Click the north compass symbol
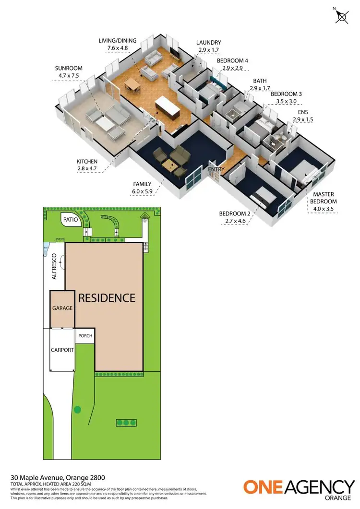pos(342,16)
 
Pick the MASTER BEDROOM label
pos(325,198)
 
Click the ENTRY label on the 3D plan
pos(216,169)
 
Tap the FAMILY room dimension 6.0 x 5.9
pos(142,191)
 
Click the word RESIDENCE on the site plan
pos(107,298)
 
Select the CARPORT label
pos(62,350)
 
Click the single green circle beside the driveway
pos(77,410)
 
